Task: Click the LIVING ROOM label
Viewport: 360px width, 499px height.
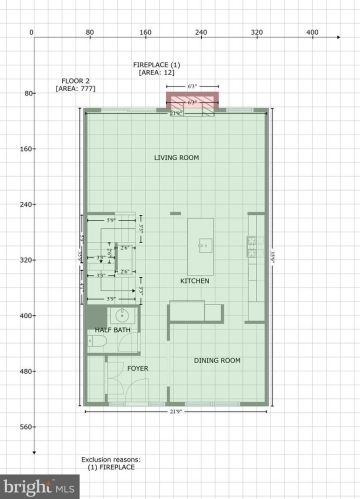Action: click(173, 158)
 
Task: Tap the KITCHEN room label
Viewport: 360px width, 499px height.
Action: click(194, 281)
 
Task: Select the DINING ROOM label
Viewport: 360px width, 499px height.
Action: click(216, 360)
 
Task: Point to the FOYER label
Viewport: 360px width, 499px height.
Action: click(138, 368)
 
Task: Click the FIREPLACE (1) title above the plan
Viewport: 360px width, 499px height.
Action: click(156, 64)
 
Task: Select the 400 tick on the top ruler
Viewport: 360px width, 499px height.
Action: click(312, 33)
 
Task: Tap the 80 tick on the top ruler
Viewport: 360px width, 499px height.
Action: click(89, 33)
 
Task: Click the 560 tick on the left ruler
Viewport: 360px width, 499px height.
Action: click(20, 426)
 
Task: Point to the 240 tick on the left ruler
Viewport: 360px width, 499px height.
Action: click(20, 204)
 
